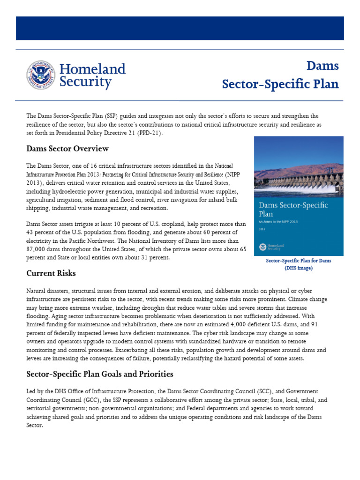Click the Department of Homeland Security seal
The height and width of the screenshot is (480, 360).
coord(40,75)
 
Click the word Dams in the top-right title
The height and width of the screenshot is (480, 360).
coord(322,66)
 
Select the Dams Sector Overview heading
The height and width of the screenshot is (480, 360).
coord(67,149)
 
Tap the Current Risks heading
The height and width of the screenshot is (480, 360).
coord(51,273)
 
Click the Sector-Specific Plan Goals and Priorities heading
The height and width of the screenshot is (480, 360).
coord(100,374)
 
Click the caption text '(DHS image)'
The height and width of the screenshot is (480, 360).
coord(298,268)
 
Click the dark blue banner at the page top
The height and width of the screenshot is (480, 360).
coord(180,28)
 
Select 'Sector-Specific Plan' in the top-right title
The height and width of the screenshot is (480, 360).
coord(280,84)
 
